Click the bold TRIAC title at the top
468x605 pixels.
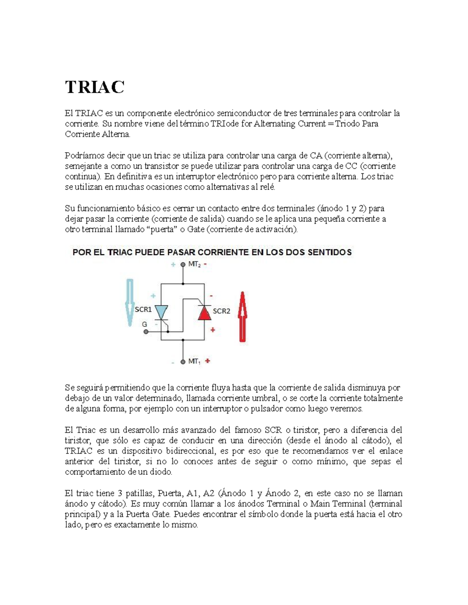95,87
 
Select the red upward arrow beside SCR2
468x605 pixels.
243,317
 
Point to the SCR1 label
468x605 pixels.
143,309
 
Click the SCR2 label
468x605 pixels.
222,311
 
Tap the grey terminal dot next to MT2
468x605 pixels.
183,265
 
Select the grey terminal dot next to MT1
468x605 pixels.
183,362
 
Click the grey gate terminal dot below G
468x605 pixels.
146,332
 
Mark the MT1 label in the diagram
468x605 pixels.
195,362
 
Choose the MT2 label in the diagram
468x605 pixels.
195,264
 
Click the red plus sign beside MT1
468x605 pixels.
208,361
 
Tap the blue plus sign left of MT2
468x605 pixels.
173,265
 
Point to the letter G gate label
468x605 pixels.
144,324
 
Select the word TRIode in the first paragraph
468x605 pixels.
225,124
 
